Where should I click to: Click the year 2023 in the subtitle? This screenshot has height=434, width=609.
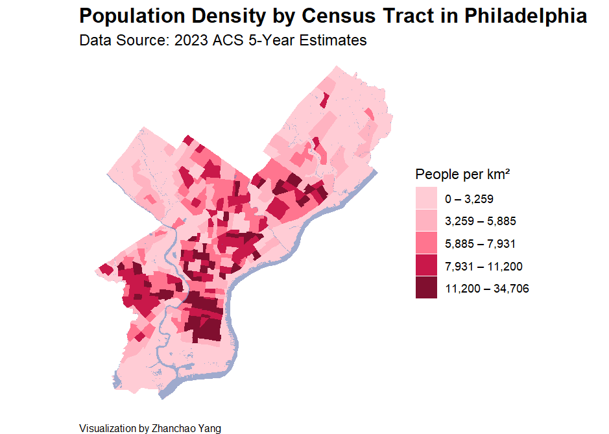(187, 40)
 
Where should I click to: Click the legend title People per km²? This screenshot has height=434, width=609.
(462, 175)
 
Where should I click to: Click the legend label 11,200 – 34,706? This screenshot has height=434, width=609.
(487, 288)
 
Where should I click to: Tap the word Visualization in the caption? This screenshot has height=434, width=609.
(108, 428)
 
